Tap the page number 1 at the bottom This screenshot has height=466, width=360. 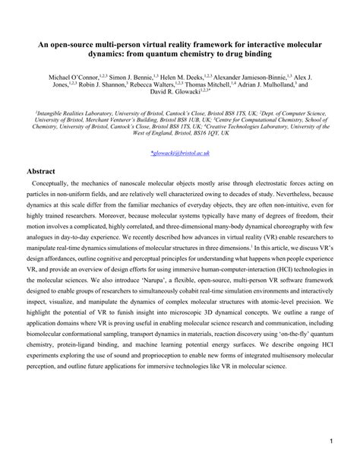tap(332, 441)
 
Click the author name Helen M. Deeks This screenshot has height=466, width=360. tap(188, 78)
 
